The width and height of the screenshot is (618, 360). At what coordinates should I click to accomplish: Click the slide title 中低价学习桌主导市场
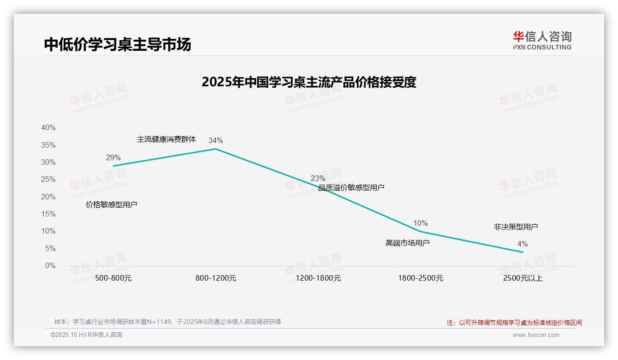tap(117, 44)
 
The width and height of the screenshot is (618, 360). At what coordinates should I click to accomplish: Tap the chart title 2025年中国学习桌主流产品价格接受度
tap(309, 82)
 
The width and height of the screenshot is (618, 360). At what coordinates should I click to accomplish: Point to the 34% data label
tap(215, 141)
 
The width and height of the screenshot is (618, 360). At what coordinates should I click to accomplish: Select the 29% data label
tap(113, 158)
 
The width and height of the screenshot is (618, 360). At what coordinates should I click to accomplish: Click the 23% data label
tap(318, 178)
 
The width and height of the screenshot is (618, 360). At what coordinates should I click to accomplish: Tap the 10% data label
tap(420, 223)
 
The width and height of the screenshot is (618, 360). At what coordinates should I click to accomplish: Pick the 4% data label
tap(523, 244)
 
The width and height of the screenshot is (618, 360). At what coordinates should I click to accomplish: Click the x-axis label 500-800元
tap(113, 278)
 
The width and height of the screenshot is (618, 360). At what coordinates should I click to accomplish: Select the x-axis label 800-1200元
tap(216, 278)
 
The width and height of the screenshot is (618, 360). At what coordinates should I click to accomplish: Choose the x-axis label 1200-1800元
tap(318, 278)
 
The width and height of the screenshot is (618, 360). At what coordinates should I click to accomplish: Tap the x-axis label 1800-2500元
tap(421, 278)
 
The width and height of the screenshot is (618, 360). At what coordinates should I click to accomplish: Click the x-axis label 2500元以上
tap(523, 278)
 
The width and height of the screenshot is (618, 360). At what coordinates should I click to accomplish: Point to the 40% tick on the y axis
tap(48, 128)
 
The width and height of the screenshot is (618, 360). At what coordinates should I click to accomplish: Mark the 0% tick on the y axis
tap(50, 266)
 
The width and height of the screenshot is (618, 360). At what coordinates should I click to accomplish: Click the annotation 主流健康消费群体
tap(166, 139)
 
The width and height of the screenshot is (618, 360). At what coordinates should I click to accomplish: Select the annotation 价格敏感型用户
tap(112, 204)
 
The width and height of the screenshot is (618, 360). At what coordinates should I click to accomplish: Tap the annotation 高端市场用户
tap(408, 243)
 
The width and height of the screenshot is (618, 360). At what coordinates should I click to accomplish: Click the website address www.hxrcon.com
tap(536, 335)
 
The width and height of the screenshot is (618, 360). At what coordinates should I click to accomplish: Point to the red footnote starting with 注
tap(514, 323)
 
